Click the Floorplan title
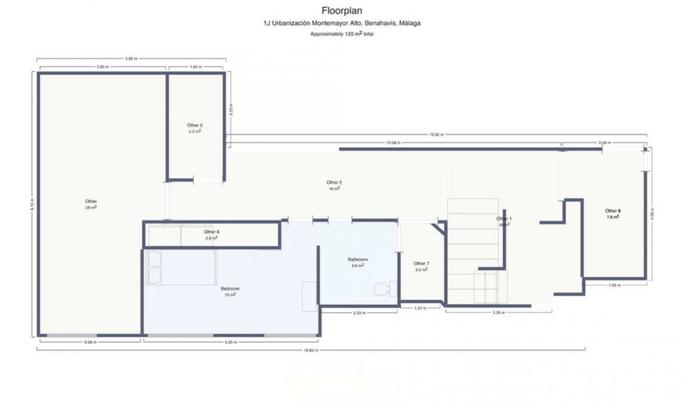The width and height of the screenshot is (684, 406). [342, 11]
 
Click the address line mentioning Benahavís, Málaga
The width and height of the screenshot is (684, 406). [342, 24]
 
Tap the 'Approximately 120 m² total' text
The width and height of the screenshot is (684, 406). [342, 34]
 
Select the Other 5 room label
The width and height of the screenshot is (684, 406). [195, 125]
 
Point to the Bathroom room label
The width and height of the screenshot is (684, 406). [357, 260]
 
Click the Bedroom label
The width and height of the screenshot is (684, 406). [230, 289]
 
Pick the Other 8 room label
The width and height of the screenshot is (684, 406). [612, 211]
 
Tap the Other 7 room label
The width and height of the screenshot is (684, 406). [421, 264]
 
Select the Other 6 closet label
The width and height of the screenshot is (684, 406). [211, 232]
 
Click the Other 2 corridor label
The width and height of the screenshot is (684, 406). [334, 183]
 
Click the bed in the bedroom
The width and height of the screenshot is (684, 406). [182, 267]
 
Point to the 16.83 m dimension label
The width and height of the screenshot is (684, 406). [311, 350]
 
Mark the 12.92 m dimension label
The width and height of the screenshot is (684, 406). [436, 135]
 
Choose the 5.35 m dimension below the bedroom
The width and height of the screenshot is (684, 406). [231, 342]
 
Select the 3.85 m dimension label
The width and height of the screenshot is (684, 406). [103, 67]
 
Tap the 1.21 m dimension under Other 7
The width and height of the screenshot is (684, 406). [420, 308]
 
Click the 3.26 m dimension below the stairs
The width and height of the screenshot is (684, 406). [498, 313]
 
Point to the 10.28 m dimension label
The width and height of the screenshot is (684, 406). [393, 143]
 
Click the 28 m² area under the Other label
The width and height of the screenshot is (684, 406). [90, 207]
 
